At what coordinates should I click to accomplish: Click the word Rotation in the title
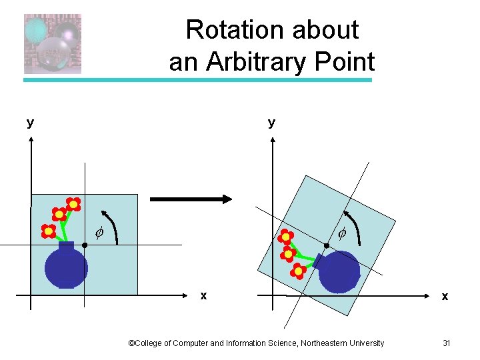coord(225,30)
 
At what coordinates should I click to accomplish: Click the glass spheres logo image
coord(53,43)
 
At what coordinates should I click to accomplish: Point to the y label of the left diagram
coord(30,122)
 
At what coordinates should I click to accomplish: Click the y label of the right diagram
coord(271,122)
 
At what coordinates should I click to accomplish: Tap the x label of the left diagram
coord(203,295)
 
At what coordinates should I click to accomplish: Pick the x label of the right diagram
coord(445,296)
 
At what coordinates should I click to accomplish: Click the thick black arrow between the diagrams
coord(191,199)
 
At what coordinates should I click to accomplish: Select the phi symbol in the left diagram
coord(99,233)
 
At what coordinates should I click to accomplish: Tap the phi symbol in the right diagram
coord(341,233)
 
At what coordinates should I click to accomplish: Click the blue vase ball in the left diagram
coord(66,267)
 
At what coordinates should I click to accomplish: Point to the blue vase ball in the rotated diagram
coord(340,271)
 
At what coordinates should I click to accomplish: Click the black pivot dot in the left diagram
coord(85,245)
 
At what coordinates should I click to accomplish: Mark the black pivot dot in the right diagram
coord(327,246)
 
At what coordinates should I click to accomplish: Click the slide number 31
coord(447,343)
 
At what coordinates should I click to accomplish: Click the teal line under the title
coord(198,80)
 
